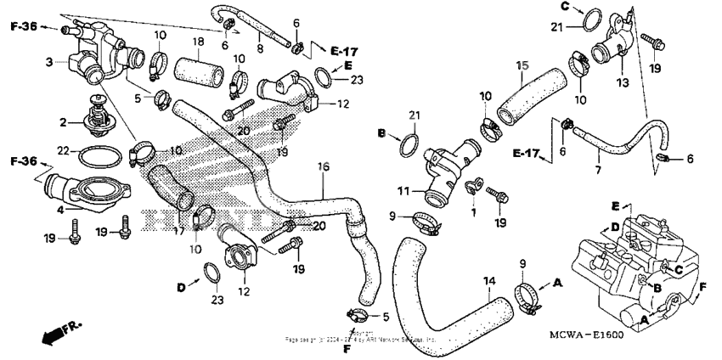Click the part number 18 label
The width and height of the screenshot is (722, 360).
coord(197,42)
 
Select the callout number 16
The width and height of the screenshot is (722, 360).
coord(323,166)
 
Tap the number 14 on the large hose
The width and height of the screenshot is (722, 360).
coord(488,281)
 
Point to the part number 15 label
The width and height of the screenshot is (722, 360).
coord(523,65)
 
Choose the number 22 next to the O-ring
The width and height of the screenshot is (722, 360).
coord(64,151)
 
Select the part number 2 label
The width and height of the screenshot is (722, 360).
coord(64,122)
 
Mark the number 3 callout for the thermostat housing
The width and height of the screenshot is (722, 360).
coord(49,61)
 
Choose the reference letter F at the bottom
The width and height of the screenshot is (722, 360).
coord(347,348)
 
